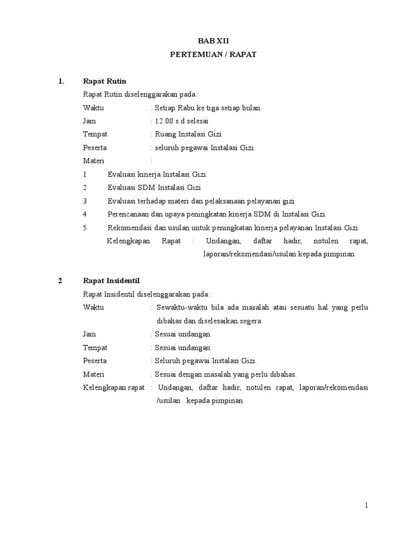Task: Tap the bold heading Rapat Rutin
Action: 104,81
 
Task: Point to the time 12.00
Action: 165,121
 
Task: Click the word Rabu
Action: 189,107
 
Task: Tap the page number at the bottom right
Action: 366,506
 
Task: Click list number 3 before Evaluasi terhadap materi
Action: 85,201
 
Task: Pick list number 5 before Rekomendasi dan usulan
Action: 85,228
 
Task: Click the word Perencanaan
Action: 129,214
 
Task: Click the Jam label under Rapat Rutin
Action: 89,121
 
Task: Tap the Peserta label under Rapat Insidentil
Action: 95,360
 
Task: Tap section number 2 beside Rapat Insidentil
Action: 60,281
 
